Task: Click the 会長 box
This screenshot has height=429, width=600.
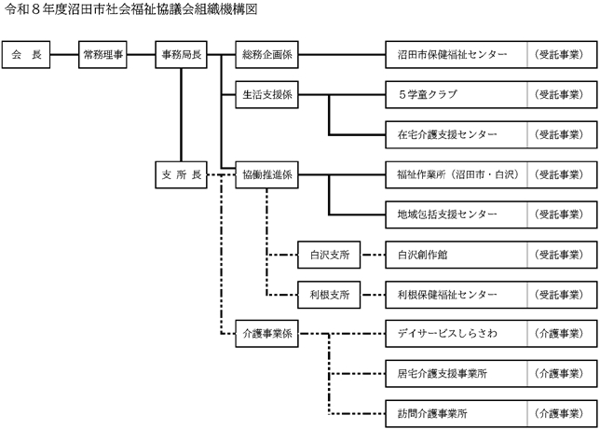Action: tap(26, 56)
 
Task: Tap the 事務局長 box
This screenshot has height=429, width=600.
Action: tap(182, 56)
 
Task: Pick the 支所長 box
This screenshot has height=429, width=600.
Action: tap(182, 174)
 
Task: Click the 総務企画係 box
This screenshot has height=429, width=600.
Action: tap(267, 56)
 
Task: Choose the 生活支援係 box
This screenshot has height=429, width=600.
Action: tap(267, 95)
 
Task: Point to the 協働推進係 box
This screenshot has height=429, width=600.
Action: tap(267, 174)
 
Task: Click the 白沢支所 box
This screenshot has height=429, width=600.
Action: tap(329, 254)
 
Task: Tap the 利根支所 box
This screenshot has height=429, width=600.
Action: tap(329, 294)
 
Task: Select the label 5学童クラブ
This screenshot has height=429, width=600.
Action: tap(428, 95)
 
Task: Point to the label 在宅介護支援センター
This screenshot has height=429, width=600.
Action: tap(447, 134)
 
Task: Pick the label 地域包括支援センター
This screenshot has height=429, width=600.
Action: tap(447, 214)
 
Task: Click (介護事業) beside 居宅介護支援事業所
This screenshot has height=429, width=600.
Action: tap(560, 372)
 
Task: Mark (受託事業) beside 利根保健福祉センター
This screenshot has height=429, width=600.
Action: tap(560, 294)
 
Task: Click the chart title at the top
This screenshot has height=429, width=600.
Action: tap(131, 8)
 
